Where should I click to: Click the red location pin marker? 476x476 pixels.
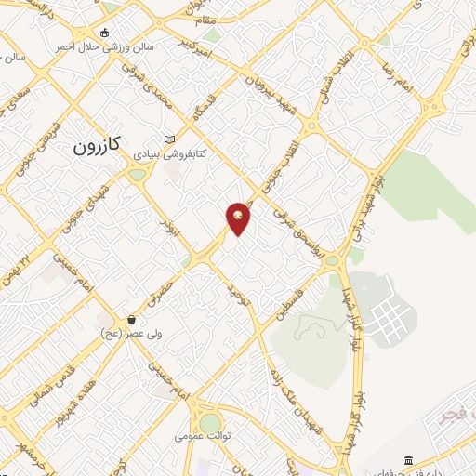tap(239, 218)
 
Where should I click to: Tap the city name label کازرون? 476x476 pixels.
tap(98, 147)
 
